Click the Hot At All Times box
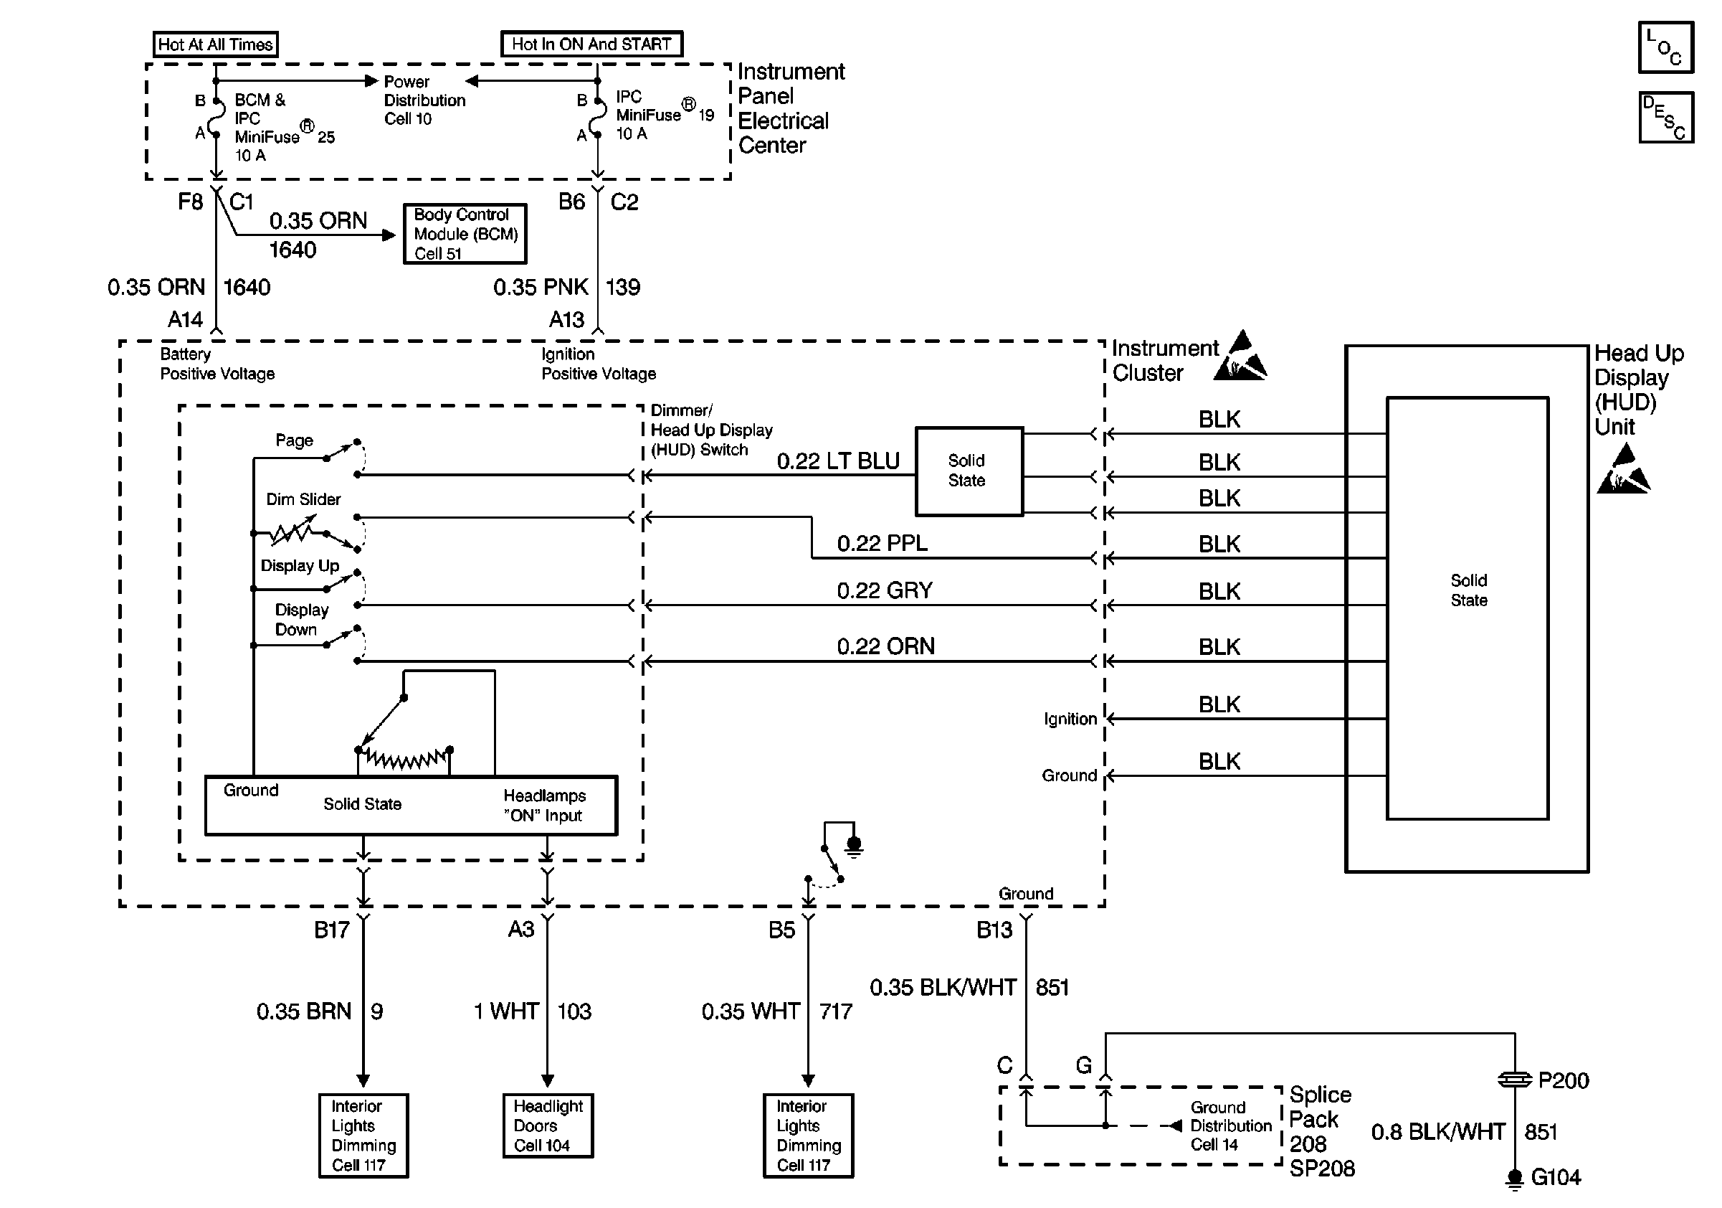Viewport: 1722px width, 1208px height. pos(215,44)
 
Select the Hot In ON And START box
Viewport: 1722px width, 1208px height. pos(591,44)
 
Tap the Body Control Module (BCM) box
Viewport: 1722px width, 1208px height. pos(465,234)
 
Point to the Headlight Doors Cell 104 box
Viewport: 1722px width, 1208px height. pos(548,1126)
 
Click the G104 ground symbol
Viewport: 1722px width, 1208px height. pos(1514,1178)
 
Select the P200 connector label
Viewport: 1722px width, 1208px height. pos(1563,1080)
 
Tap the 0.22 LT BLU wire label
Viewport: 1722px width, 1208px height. pos(838,461)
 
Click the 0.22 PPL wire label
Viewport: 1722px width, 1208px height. pos(882,543)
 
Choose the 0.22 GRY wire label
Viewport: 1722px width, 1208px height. pos(884,590)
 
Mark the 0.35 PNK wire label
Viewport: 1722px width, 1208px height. pos(541,288)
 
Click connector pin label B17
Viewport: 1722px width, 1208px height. pos(331,930)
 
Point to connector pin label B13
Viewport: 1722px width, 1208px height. pos(994,930)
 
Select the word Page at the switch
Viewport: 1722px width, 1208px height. pos(294,440)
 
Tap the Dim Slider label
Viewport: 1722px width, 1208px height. pos(303,500)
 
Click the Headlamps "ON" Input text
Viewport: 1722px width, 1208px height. pos(545,806)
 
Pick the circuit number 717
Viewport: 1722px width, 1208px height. pos(835,1012)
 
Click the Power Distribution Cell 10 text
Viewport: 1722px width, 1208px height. pos(424,100)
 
